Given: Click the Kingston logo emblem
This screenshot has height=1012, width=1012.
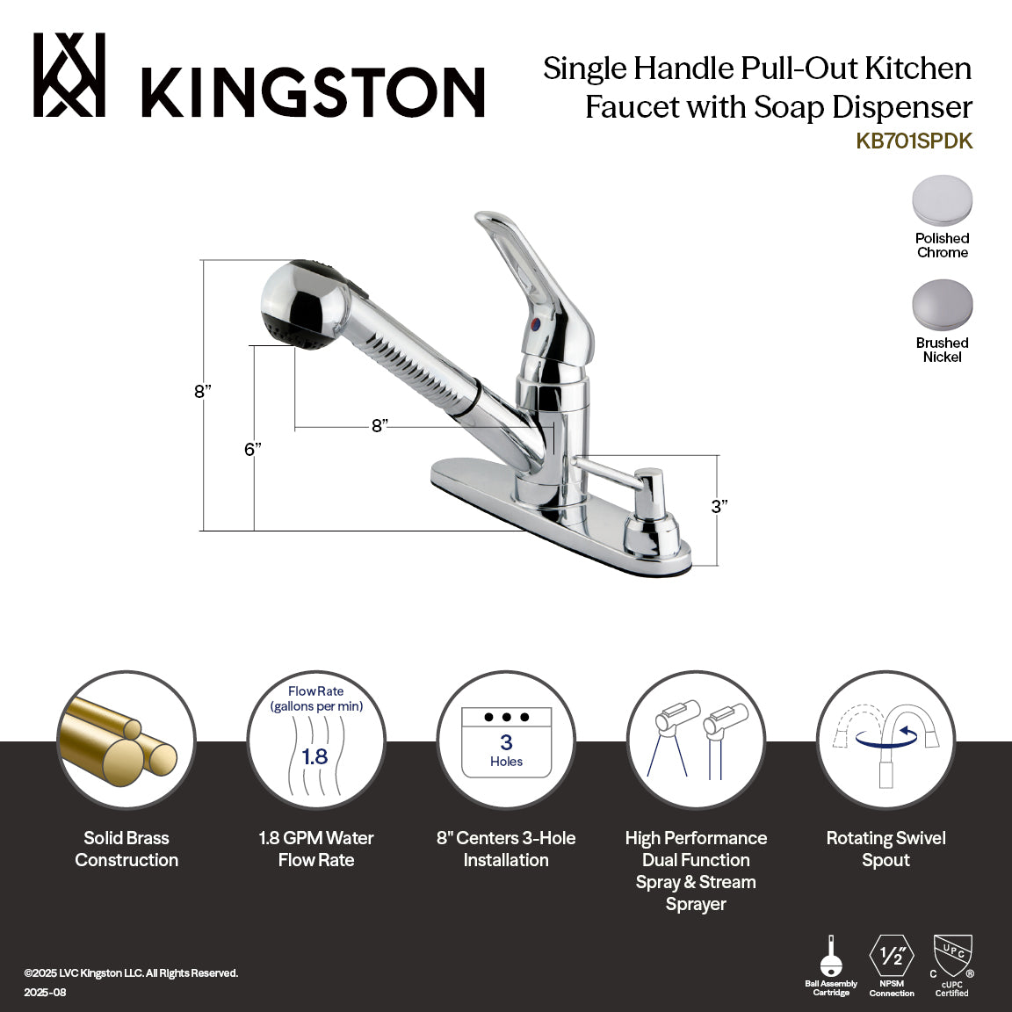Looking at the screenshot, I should (69, 75).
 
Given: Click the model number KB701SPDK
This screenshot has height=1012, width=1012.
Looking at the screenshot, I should (914, 141).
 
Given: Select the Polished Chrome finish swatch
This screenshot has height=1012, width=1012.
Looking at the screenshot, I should (942, 200).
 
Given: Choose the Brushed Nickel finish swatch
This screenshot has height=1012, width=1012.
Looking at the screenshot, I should (942, 305).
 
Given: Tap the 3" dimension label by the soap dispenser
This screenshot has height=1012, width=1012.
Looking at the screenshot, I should (719, 507).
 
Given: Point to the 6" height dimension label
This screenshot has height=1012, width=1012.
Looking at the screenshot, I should (253, 450).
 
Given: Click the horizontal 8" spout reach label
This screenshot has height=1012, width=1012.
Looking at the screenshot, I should (379, 426).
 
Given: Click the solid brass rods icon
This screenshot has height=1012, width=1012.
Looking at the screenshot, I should (126, 740).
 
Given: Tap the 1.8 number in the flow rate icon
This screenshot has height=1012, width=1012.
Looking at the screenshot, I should (314, 756).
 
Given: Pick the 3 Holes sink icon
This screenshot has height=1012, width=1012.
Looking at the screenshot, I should (506, 742).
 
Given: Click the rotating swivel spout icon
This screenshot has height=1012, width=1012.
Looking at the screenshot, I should (885, 740).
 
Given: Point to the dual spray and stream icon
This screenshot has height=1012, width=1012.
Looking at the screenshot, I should (696, 740).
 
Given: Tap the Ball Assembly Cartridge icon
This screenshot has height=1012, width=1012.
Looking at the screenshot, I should (831, 958).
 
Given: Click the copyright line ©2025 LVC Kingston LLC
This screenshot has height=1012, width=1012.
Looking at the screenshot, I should (131, 973).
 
